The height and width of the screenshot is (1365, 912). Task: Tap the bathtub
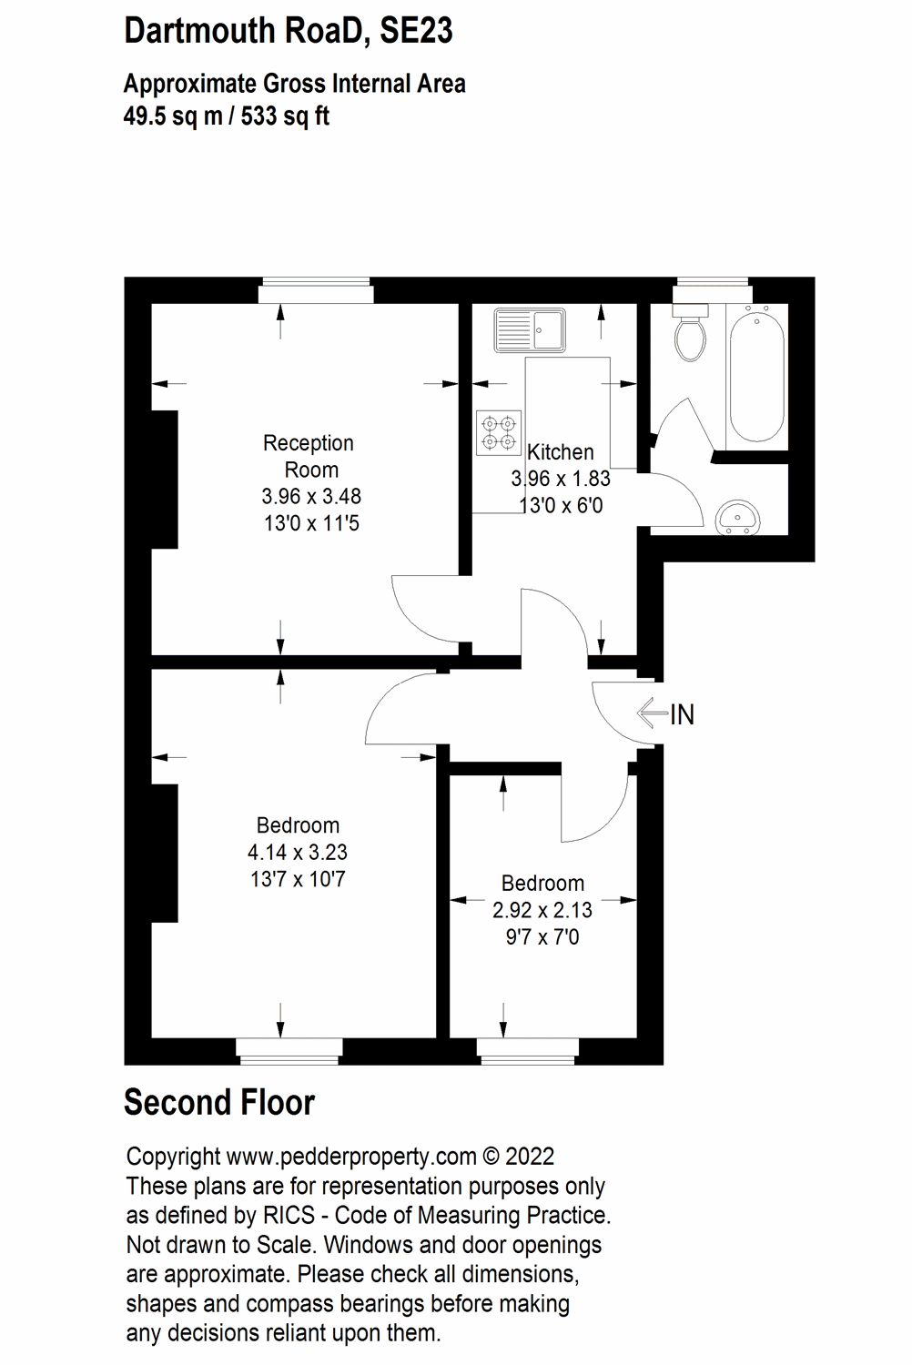[x=757, y=373]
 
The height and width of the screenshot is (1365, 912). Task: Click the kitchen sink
[x=529, y=329]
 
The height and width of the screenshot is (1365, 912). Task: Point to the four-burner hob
[x=499, y=432]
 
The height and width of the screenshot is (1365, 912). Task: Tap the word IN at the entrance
[x=682, y=715]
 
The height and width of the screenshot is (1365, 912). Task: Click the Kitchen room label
[x=561, y=452]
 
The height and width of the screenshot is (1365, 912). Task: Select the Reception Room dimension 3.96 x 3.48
[x=311, y=497]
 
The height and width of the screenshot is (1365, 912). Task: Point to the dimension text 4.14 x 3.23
[x=298, y=853]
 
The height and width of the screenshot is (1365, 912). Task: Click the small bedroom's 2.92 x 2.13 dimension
[x=542, y=910]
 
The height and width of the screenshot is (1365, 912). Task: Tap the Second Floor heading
[x=219, y=1103]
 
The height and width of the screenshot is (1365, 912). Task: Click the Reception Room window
[x=315, y=293]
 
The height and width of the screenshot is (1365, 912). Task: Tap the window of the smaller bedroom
[x=528, y=1052]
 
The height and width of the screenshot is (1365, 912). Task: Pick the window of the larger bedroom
[x=289, y=1052]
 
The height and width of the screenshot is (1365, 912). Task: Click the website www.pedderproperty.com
[x=351, y=1157]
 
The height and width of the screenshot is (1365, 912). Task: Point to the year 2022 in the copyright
[x=530, y=1157]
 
